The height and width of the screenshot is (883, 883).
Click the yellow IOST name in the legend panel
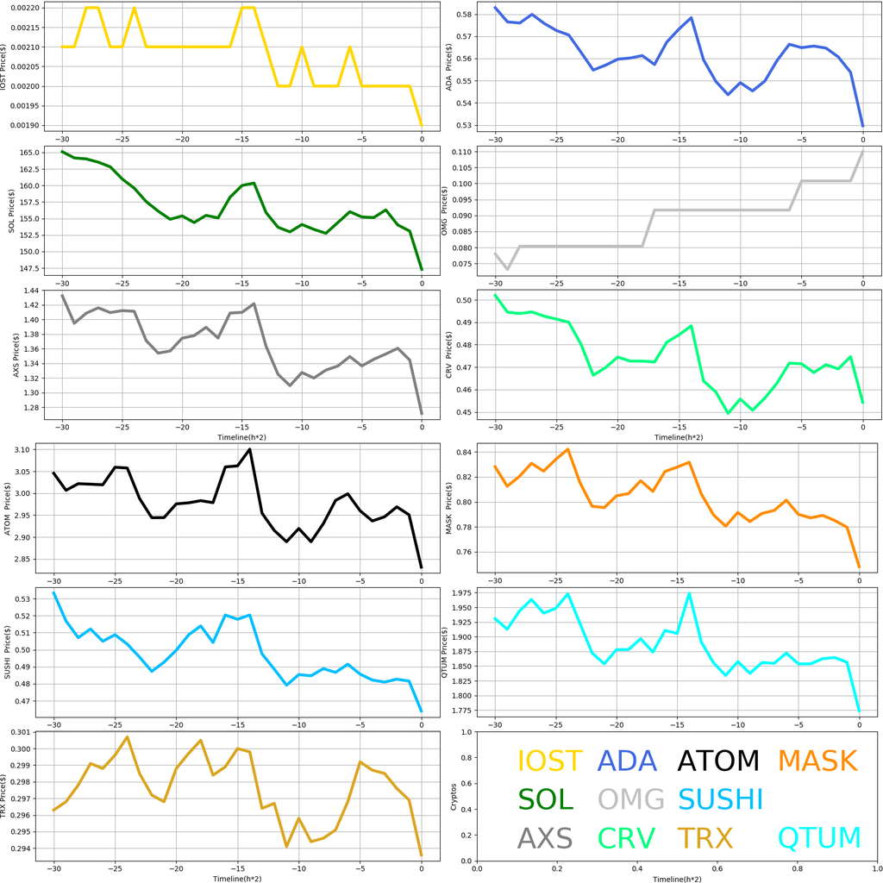(x=550, y=761)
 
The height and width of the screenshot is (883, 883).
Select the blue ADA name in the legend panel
(x=627, y=761)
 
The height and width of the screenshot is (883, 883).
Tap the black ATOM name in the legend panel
(x=718, y=761)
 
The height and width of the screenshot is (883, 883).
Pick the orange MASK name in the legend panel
(x=817, y=761)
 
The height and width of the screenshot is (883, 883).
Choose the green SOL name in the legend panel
(x=545, y=798)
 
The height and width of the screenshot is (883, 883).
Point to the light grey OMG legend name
(x=631, y=798)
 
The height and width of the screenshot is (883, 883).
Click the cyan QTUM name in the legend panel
(x=819, y=837)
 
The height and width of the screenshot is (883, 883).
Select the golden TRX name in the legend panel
(x=705, y=837)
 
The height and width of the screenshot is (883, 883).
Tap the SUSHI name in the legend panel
(x=720, y=798)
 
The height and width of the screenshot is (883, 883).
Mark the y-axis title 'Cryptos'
(x=453, y=796)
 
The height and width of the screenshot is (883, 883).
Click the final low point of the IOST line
(x=422, y=126)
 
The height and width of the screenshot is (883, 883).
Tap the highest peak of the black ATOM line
(x=250, y=448)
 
